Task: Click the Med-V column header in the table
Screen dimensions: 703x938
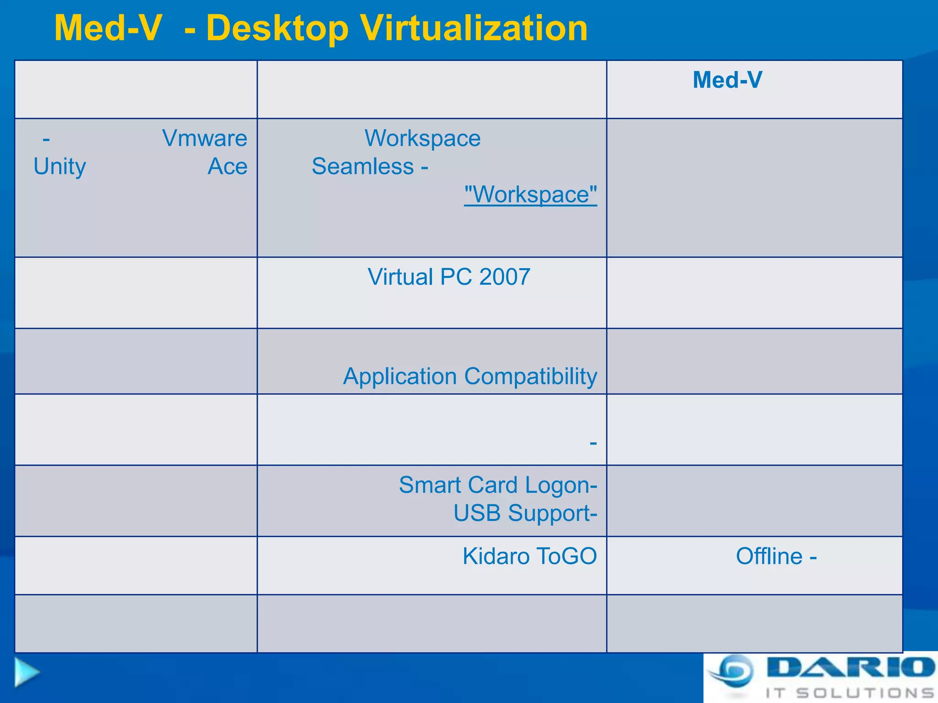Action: tap(727, 80)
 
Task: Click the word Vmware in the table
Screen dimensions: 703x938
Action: tap(205, 138)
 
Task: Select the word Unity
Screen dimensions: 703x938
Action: tap(60, 166)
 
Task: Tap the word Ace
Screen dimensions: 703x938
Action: tap(227, 166)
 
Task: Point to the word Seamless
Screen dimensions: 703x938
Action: tap(363, 166)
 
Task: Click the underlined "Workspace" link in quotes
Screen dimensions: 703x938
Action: tap(530, 195)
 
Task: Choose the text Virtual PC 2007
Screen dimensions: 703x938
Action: tap(449, 277)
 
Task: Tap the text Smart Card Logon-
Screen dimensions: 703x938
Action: tap(498, 485)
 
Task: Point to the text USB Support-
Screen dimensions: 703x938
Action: tap(525, 513)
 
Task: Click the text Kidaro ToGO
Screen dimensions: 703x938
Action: tap(529, 556)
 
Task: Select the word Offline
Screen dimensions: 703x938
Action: tap(769, 556)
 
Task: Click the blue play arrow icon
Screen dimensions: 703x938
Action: tap(26, 672)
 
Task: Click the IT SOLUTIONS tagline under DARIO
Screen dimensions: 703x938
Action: tap(850, 693)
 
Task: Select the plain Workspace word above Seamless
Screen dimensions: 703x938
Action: tap(422, 138)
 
